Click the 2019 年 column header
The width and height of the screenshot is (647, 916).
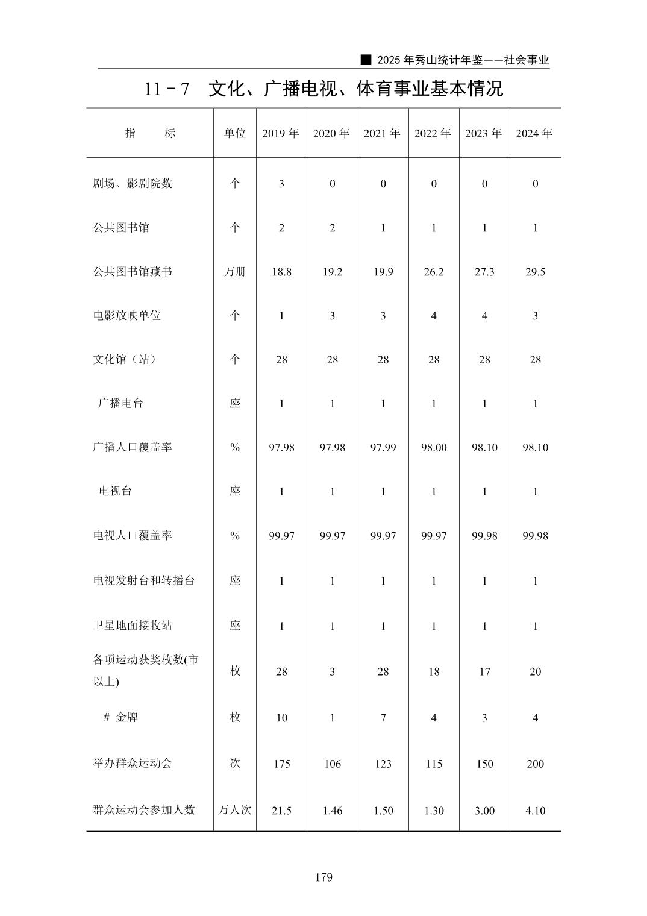[x=281, y=133]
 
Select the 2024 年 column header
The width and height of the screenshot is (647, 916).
[x=534, y=133]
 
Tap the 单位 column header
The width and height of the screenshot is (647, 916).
[x=235, y=133]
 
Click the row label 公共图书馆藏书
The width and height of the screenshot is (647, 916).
[x=133, y=272]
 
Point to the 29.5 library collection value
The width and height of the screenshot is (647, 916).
[x=535, y=272]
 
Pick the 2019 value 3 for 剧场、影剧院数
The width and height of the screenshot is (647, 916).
[x=281, y=184]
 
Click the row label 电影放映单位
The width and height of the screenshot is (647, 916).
[x=127, y=316]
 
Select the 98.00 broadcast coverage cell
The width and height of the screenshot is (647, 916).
[x=434, y=447]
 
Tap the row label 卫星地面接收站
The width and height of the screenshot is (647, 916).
[x=133, y=626]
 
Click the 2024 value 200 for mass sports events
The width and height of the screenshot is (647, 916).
[x=535, y=764]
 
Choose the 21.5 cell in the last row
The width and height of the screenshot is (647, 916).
[x=281, y=811]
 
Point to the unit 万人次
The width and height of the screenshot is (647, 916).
[x=235, y=810]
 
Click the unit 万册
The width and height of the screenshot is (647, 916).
[x=235, y=272]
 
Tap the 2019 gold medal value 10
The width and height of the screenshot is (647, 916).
[x=281, y=718]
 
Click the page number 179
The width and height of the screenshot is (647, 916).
[x=323, y=877]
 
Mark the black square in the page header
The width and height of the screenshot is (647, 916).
[x=365, y=60]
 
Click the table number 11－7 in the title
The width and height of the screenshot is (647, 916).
[x=167, y=89]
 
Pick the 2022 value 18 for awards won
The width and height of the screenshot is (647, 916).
[x=434, y=671]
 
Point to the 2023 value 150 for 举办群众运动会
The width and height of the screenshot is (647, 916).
[x=484, y=764]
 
